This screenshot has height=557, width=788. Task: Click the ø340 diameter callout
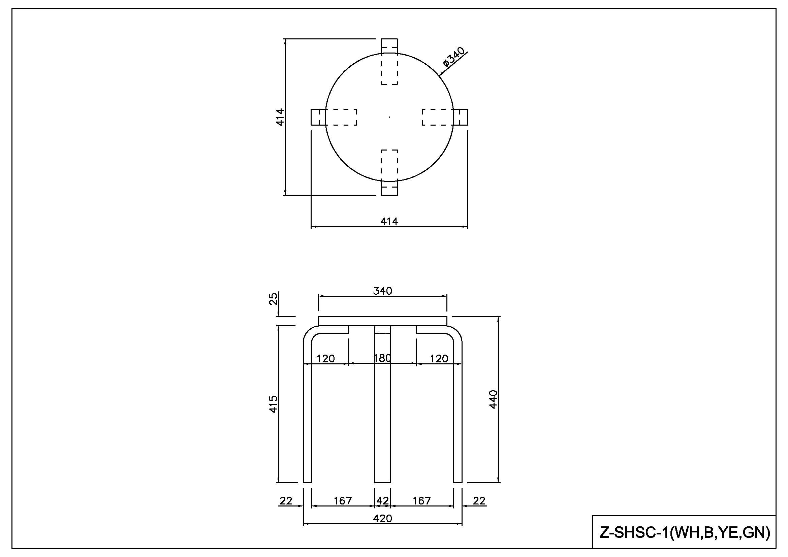(x=454, y=57)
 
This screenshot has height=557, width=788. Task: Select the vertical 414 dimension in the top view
(x=280, y=117)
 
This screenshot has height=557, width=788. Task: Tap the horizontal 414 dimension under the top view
(x=389, y=222)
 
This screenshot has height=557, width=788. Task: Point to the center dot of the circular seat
(x=389, y=117)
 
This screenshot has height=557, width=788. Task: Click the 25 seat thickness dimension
(x=273, y=299)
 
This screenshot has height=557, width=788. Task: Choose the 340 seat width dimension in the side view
(x=382, y=291)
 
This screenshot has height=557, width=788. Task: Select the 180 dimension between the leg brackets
(x=382, y=358)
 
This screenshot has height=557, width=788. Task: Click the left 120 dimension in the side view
(x=325, y=359)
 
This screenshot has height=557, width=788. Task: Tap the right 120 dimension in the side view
(x=439, y=359)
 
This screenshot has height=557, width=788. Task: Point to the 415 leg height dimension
(x=273, y=404)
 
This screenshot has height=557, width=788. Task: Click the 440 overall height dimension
(x=493, y=399)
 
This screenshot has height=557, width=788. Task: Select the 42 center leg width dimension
(x=383, y=501)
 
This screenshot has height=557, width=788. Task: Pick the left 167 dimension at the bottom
(x=343, y=501)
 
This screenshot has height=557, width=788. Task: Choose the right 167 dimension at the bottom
(x=421, y=501)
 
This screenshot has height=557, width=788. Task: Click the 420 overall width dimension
(x=382, y=518)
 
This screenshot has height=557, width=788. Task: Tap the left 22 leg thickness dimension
(x=286, y=501)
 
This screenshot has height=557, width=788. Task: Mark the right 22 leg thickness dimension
(x=479, y=501)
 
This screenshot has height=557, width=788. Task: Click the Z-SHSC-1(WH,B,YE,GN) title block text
(x=685, y=532)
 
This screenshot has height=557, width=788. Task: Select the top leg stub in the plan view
(x=389, y=46)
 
